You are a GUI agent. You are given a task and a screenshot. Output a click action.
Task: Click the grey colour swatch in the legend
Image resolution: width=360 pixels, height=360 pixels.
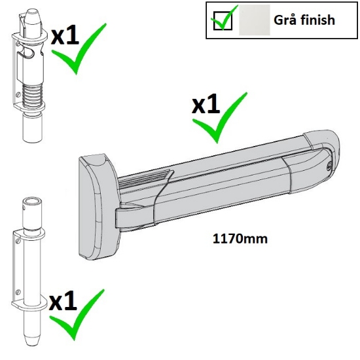(254, 20)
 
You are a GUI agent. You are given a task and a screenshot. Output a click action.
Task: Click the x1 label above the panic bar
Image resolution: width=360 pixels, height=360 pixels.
(206, 105)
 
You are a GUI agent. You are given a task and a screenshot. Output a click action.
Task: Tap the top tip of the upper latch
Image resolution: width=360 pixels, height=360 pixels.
(31, 16)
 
